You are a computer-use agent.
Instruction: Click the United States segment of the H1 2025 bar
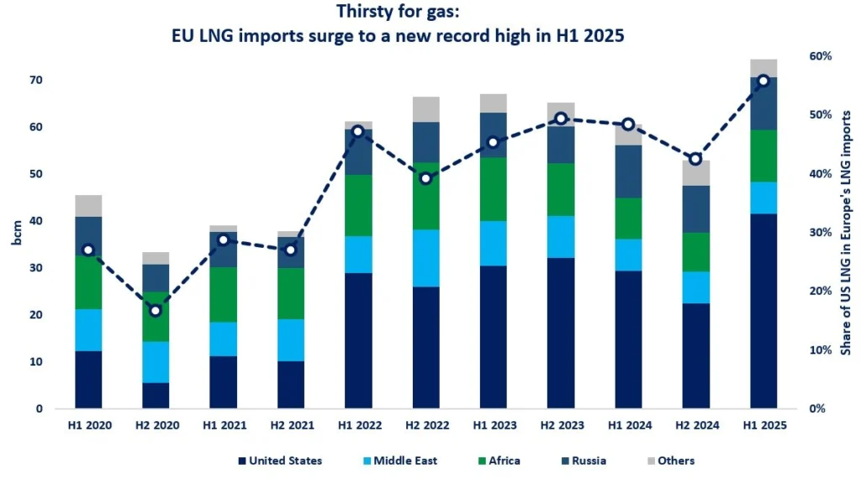[763, 311]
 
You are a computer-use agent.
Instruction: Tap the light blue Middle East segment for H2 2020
[155, 361]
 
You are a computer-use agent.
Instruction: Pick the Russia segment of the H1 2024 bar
[628, 171]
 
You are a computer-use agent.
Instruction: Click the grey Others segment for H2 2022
[425, 109]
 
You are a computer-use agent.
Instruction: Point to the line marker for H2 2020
[155, 311]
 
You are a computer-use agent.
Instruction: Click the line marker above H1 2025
[763, 81]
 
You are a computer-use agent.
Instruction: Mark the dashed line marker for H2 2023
[561, 118]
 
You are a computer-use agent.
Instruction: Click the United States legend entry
[280, 461]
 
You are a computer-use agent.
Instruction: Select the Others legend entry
[669, 461]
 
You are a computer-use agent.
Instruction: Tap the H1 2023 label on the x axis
[493, 426]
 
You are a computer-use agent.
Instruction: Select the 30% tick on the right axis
[819, 233]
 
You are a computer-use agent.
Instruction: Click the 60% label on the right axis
[819, 56]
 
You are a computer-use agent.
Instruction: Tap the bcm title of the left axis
[18, 233]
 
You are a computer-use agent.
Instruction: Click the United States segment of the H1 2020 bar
[87, 380]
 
